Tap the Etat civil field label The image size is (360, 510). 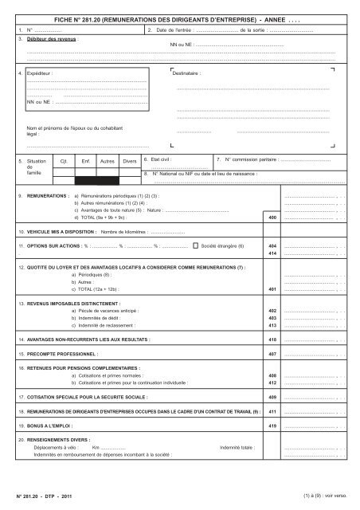tap(156, 159)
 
